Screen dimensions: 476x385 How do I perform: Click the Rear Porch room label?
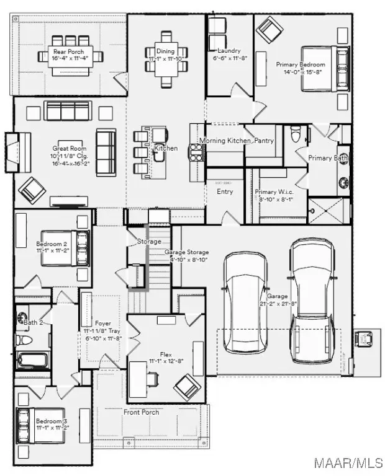pos(65,51)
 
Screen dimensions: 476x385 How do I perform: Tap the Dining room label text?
pos(165,51)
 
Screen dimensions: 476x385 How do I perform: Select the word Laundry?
pos(229,51)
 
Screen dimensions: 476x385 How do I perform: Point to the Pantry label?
pos(263,141)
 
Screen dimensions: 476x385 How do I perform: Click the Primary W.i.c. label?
pos(274,192)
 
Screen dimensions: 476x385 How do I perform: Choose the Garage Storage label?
pos(186,252)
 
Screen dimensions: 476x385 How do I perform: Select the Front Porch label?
pos(141,412)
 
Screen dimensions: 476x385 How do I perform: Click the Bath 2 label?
pos(33,322)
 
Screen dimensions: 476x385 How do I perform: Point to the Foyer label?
pos(102,324)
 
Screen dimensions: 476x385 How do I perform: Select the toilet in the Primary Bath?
pos(296,134)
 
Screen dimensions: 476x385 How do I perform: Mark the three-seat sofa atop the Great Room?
pos(69,111)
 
